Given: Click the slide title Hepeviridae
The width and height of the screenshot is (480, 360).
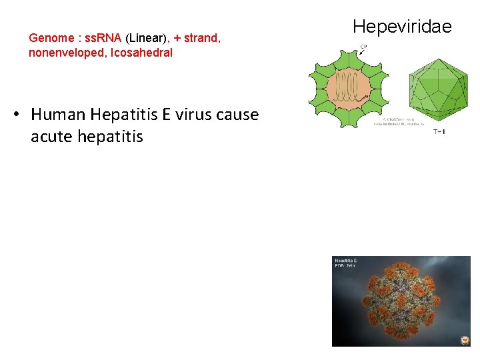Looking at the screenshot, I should (x=402, y=27).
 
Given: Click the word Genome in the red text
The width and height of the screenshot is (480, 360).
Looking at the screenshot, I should (x=51, y=38).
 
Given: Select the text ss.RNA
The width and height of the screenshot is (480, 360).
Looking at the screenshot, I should (x=103, y=38).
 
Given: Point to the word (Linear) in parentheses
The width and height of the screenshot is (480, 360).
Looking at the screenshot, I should (x=147, y=38).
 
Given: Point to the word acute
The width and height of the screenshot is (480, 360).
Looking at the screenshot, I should (x=53, y=137).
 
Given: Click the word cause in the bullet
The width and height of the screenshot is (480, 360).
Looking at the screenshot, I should (x=239, y=115).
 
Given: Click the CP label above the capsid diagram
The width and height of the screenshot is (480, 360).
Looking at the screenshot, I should (x=363, y=47).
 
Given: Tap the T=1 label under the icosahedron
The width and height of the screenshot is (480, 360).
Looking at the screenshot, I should (x=439, y=131).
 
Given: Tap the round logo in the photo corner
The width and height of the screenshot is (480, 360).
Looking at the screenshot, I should (x=465, y=340).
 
